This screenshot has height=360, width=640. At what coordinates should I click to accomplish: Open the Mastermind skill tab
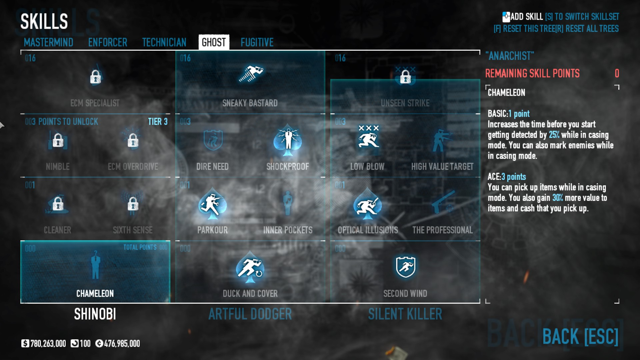pyautogui.click(x=48, y=42)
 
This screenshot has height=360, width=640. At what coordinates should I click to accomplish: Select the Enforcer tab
pyautogui.click(x=108, y=42)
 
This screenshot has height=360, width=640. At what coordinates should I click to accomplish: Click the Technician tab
pyautogui.click(x=164, y=42)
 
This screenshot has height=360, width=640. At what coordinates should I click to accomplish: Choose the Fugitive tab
pyautogui.click(x=257, y=42)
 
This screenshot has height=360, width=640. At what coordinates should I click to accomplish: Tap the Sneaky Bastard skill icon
pyautogui.click(x=250, y=74)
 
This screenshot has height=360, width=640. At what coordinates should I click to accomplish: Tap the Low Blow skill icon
pyautogui.click(x=368, y=138)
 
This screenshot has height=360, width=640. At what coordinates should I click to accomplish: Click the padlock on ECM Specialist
pyautogui.click(x=95, y=77)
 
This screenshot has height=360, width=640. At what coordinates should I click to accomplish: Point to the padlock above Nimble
pyautogui.click(x=58, y=140)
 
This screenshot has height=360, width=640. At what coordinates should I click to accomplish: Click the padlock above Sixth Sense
pyautogui.click(x=133, y=204)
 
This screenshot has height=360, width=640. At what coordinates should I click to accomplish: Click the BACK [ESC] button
pyautogui.click(x=580, y=336)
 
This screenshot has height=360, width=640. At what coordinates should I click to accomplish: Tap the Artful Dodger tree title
pyautogui.click(x=250, y=314)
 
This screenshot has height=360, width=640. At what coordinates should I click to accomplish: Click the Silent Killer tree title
pyautogui.click(x=405, y=314)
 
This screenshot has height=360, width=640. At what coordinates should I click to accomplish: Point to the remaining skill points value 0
pyautogui.click(x=617, y=73)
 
